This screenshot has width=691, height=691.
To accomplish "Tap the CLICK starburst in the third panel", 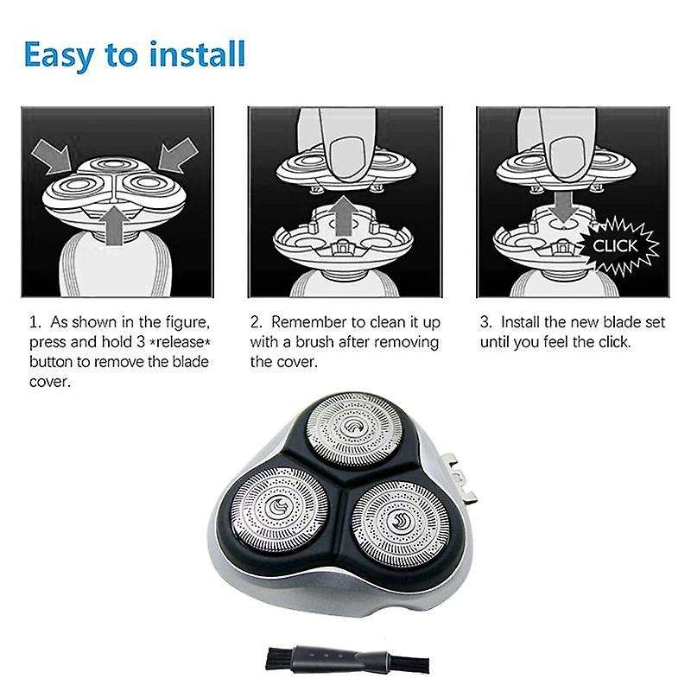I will tap(614, 247).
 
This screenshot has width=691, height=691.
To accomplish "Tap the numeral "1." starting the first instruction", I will tap(35, 323).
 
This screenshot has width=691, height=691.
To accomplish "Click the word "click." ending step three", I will tap(612, 342).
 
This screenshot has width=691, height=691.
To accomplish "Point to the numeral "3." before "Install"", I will tap(486, 323).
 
